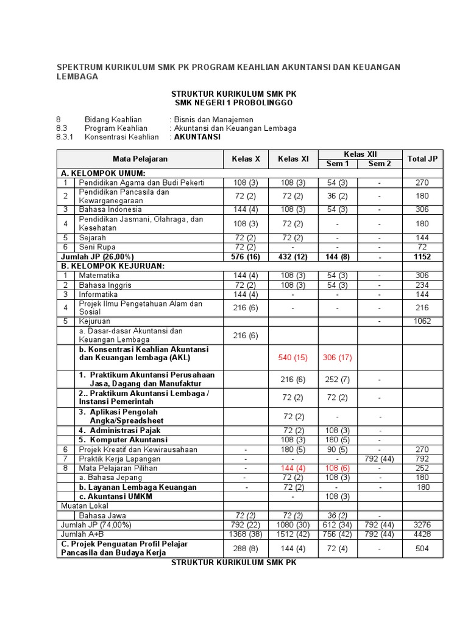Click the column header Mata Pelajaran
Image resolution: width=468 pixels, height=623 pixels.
(x=140, y=159)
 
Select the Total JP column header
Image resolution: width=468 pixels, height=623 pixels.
(x=422, y=159)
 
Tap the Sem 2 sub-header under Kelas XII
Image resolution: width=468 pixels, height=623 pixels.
(x=380, y=164)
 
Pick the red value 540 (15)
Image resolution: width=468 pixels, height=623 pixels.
(x=292, y=358)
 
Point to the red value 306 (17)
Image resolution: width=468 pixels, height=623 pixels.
(x=336, y=358)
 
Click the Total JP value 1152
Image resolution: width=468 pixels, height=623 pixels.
(x=422, y=257)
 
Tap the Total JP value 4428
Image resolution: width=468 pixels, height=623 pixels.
(x=422, y=534)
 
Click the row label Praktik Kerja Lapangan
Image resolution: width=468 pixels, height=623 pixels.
(x=119, y=459)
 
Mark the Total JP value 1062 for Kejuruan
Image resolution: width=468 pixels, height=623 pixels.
(x=422, y=321)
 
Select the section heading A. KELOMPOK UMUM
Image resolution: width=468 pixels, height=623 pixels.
(x=102, y=173)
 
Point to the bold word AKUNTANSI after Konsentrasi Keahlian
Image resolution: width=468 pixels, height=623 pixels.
(x=198, y=137)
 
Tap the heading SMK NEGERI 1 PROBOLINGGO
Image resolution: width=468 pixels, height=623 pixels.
(x=234, y=103)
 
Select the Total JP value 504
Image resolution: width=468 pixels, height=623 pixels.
(x=422, y=548)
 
